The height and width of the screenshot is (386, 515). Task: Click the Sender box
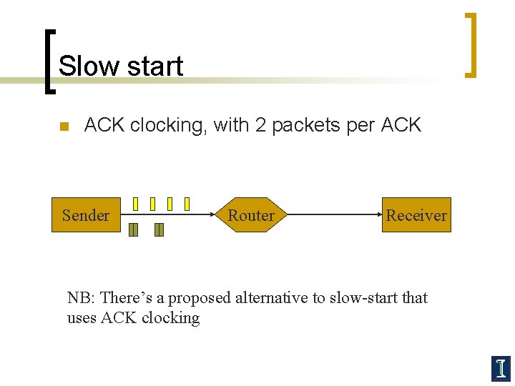tap(86, 215)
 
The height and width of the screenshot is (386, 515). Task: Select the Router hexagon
tap(251, 215)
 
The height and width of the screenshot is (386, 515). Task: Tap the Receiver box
tap(416, 215)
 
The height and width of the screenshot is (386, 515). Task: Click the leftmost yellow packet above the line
tap(135, 204)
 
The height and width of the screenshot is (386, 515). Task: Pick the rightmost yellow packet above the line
tap(187, 204)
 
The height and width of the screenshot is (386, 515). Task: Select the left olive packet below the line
tap(133, 229)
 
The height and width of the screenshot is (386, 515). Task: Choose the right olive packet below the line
tap(159, 229)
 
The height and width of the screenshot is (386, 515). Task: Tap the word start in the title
tap(152, 66)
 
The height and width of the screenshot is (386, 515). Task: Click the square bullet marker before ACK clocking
tap(63, 127)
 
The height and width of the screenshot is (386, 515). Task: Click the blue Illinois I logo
tap(500, 367)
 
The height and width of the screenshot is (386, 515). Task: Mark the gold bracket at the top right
tap(471, 44)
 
